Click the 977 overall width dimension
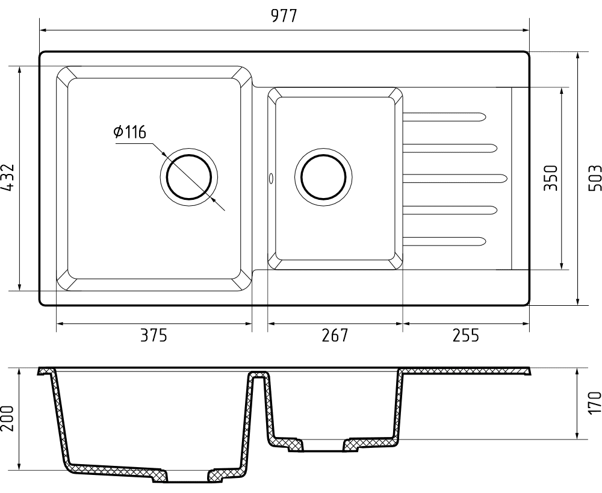coord(284,16)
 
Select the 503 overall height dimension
coord(595,178)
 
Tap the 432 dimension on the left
coord(8,178)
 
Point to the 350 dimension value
coord(551,178)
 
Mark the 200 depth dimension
coord(8,418)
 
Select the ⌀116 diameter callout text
coord(130,132)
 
